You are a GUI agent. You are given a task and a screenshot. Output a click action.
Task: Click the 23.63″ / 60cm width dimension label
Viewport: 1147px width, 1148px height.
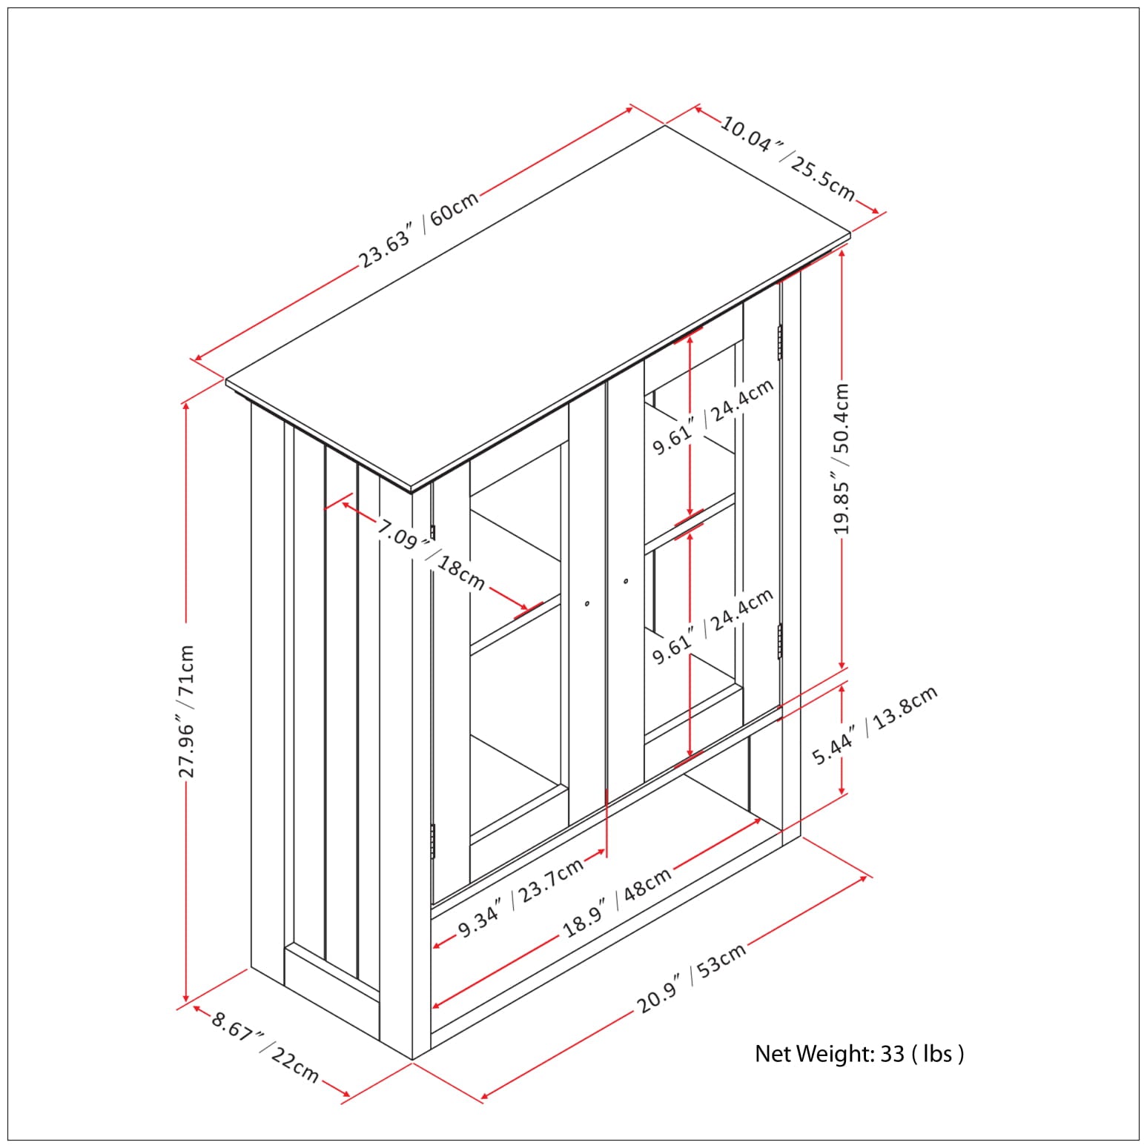420,228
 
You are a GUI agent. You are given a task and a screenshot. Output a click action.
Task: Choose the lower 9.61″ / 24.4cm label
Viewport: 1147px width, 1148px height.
713,627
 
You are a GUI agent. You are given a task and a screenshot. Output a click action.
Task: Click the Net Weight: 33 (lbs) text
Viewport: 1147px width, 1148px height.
859,1053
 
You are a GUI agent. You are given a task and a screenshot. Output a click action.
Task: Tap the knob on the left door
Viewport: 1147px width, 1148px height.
587,604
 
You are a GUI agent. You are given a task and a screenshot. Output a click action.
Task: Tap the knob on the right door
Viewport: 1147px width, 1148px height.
626,582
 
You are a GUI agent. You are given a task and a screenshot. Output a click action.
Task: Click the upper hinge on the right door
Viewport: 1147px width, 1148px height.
780,342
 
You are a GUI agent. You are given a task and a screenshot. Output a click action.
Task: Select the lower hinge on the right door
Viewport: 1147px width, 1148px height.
780,640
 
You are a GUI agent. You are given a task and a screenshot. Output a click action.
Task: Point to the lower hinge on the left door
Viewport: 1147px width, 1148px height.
433,841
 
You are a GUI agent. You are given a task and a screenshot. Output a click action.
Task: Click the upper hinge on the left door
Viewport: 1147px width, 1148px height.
433,532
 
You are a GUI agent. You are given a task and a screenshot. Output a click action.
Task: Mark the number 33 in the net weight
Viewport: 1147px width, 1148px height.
892,1053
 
